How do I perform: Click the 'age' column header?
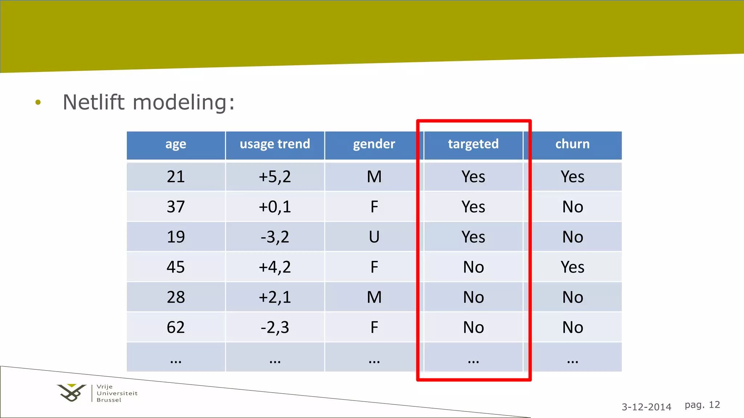(176, 144)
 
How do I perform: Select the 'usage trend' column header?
(275, 144)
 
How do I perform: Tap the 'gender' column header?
(374, 144)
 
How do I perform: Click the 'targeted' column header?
(473, 144)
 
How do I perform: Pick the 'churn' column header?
(572, 144)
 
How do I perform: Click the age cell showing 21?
(176, 177)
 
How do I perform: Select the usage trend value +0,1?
(275, 207)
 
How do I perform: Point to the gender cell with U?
(374, 237)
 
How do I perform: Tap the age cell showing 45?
(176, 267)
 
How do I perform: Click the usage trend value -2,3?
(275, 327)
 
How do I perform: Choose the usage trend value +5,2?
(275, 177)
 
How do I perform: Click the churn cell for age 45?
(572, 267)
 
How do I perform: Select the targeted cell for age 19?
(473, 237)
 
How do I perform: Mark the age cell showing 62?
(176, 327)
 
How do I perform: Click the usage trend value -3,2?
(275, 237)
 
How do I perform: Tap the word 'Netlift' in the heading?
(94, 102)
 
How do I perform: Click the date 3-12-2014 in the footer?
(646, 407)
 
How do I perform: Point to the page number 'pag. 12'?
(702, 405)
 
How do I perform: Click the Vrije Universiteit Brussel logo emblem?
(72, 393)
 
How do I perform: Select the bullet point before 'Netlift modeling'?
(38, 103)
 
